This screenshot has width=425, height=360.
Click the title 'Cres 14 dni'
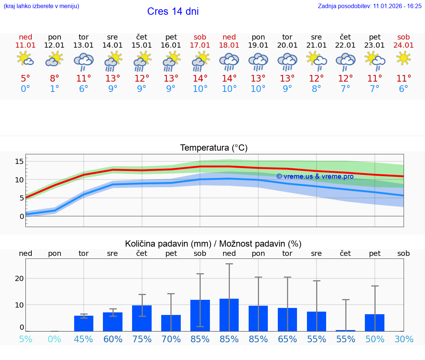[x=173, y=11]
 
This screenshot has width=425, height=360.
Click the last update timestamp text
[x=370, y=6]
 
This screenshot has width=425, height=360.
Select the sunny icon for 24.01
[x=404, y=58]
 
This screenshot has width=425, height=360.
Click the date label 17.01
[x=200, y=45]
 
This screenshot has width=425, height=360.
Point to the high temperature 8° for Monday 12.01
[x=55, y=78]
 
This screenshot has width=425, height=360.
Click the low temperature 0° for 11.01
[x=25, y=89]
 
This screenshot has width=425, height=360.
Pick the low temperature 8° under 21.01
[x=316, y=89]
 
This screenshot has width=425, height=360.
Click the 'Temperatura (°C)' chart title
[x=214, y=148]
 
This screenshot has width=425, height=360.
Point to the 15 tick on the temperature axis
[x=19, y=161]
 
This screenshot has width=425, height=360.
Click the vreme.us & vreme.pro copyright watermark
[x=315, y=176]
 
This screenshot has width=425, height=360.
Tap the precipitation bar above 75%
[x=142, y=318]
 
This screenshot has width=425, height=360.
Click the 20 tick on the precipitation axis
[x=19, y=278]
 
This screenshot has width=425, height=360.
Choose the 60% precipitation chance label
[x=113, y=339]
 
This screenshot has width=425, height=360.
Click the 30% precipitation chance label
[x=404, y=339]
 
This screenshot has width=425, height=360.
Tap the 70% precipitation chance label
[x=171, y=339]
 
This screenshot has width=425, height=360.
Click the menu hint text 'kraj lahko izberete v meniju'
[x=41, y=6]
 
